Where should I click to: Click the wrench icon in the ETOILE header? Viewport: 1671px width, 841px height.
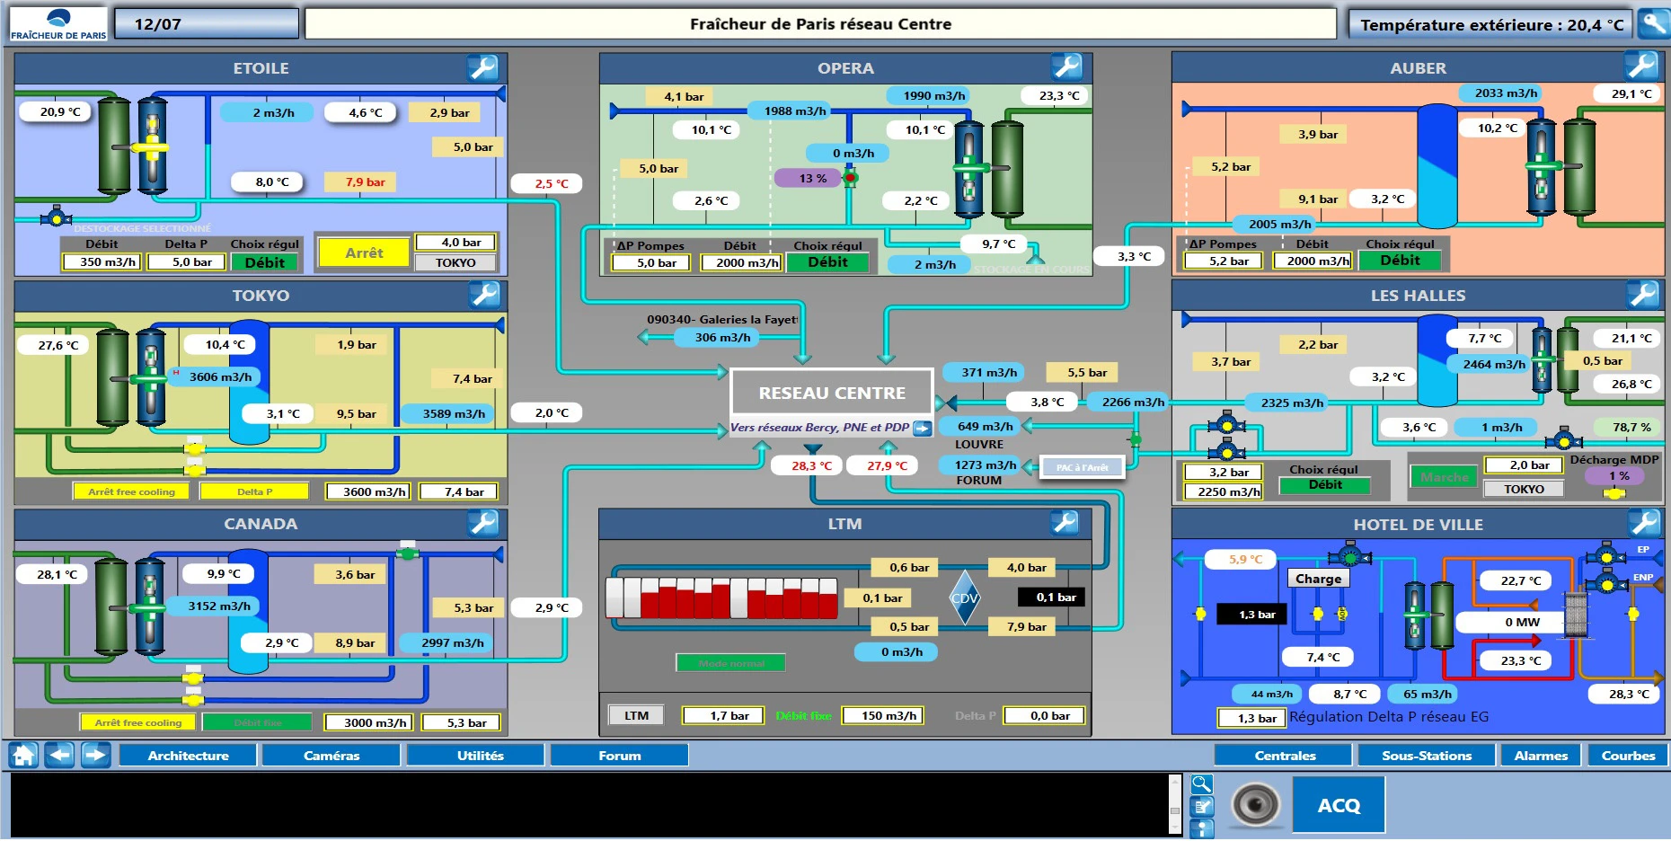point(482,67)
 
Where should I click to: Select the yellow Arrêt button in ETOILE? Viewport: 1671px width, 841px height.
point(364,253)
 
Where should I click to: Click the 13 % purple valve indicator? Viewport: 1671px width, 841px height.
point(812,178)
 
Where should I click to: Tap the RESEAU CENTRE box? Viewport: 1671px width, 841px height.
point(832,393)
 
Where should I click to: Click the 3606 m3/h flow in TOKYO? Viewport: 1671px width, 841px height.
point(220,376)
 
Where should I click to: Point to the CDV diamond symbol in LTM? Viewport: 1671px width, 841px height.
point(964,598)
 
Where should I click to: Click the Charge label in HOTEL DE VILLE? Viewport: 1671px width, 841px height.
point(1318,579)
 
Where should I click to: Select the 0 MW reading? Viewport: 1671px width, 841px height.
point(1522,622)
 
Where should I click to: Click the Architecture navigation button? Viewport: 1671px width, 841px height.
point(188,756)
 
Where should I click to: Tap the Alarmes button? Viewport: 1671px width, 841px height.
point(1540,756)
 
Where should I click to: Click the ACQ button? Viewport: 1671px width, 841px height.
point(1339,805)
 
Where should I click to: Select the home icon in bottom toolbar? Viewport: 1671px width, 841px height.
point(24,755)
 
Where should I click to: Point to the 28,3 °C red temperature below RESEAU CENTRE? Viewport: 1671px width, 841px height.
point(806,465)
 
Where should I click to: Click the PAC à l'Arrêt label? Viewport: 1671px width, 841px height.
point(1082,467)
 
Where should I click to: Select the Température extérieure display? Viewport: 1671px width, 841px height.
point(1490,24)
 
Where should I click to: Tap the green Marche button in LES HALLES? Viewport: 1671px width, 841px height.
point(1444,477)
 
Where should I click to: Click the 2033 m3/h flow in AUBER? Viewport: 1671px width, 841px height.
point(1506,93)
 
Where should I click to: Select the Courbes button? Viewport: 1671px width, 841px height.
point(1627,756)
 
